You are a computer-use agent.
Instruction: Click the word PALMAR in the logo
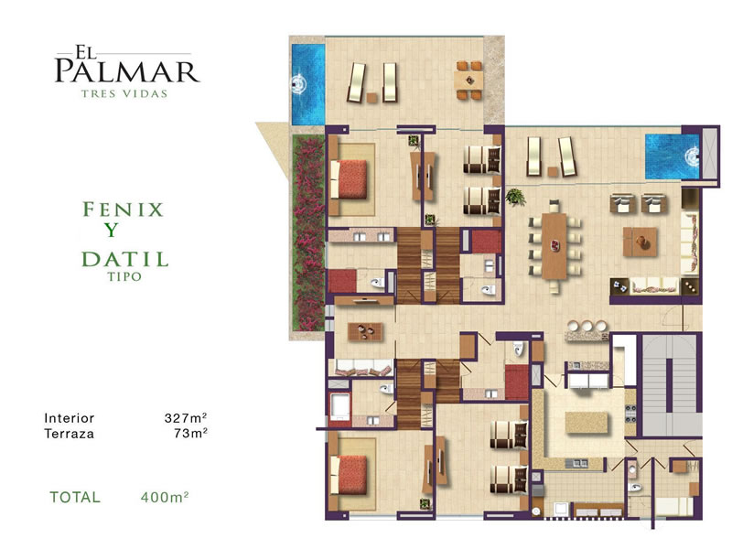point(127,71)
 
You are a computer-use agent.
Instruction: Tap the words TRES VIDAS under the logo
point(124,94)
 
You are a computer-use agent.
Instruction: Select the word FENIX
point(124,210)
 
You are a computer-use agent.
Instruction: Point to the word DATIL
point(125,259)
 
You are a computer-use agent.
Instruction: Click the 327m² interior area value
point(186,417)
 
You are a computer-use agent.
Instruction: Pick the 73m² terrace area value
point(190,433)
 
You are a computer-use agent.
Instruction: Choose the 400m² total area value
point(165,497)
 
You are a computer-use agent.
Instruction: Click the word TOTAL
point(75,497)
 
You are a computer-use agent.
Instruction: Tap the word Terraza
point(70,434)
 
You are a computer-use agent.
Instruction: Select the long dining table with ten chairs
point(554,247)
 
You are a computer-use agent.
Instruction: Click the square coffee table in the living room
point(640,242)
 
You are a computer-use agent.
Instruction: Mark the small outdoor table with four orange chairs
point(468,81)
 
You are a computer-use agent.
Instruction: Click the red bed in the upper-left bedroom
point(349,179)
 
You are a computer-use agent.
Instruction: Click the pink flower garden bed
point(308,233)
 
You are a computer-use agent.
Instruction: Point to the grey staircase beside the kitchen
point(672,385)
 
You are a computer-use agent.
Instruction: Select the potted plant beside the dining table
point(515,197)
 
